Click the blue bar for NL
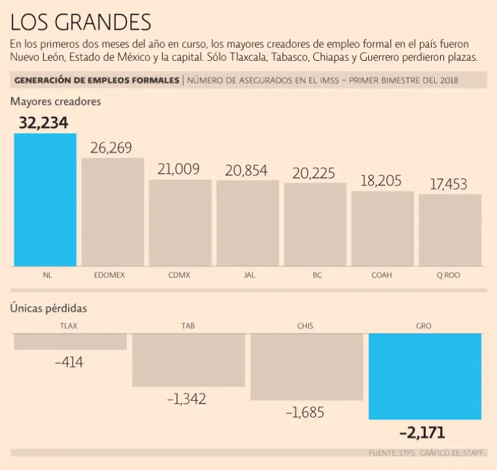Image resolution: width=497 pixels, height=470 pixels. point(45,200)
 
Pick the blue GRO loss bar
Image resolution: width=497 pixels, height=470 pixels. point(425,376)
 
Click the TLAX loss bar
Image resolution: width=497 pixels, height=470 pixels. point(70,341)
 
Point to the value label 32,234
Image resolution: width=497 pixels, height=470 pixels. point(43,123)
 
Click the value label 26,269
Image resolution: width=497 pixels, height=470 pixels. point(111,148)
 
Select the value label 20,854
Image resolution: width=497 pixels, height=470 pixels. point(247,171)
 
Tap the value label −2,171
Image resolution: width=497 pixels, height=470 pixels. point(422,433)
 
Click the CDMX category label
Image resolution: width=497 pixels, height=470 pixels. point(179,275)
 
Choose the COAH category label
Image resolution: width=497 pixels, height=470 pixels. point(382,275)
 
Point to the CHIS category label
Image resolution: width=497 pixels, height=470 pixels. point(305,326)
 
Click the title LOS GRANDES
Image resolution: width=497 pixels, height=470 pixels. point(81,23)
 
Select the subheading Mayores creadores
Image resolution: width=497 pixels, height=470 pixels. point(56,101)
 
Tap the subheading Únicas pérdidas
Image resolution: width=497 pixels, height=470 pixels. point(49,308)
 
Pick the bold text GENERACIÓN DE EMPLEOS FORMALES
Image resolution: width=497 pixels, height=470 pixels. point(96,80)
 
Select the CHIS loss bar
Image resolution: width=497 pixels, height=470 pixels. point(307,367)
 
